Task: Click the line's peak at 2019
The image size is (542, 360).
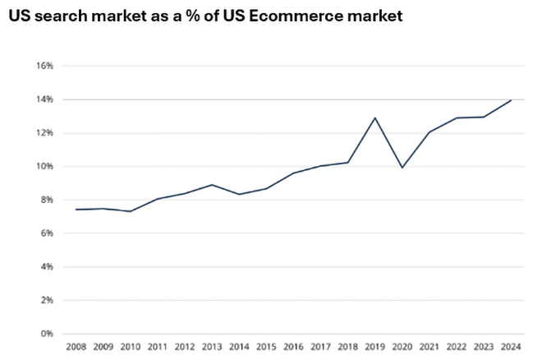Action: pos(375,118)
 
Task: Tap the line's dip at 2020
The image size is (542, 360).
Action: pos(402,168)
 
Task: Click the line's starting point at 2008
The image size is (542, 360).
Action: pos(76,210)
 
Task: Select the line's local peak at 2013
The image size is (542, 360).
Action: pos(212,185)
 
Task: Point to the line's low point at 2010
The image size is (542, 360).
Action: pos(130,211)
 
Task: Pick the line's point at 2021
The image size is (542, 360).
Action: pos(429,132)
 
